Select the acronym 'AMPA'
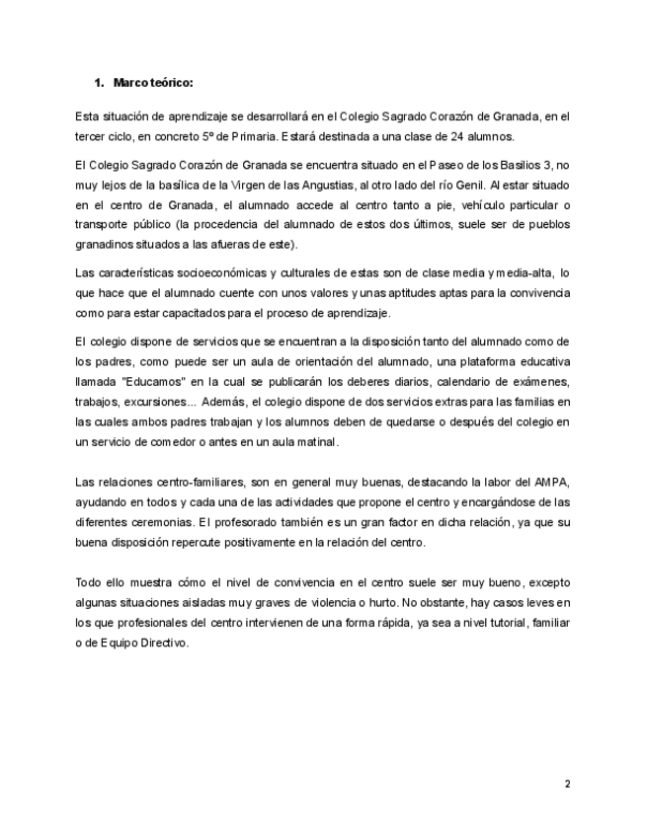click(x=548, y=482)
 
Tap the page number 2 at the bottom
click(x=567, y=785)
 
